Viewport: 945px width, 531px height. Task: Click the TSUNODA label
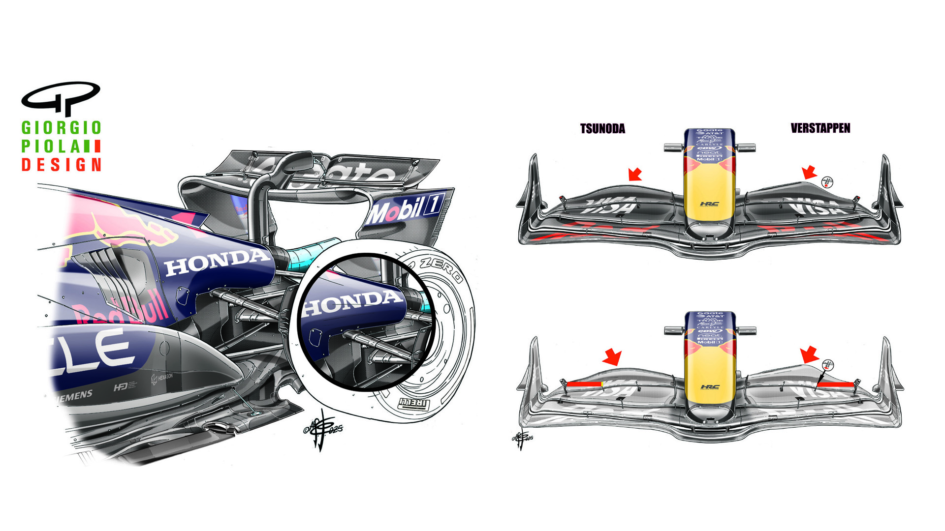point(602,129)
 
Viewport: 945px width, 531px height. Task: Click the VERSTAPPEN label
point(820,128)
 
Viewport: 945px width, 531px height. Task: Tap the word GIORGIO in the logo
point(62,128)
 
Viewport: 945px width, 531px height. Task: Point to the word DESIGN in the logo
point(62,164)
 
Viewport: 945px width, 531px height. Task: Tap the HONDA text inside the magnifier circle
point(351,303)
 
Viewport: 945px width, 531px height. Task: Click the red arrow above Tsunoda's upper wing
point(635,174)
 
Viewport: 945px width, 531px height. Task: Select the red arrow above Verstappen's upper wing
point(809,172)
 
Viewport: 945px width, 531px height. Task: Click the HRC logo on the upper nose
point(709,204)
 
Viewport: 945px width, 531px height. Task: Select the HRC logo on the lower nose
point(709,387)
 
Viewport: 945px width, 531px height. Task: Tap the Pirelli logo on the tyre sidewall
point(413,404)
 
